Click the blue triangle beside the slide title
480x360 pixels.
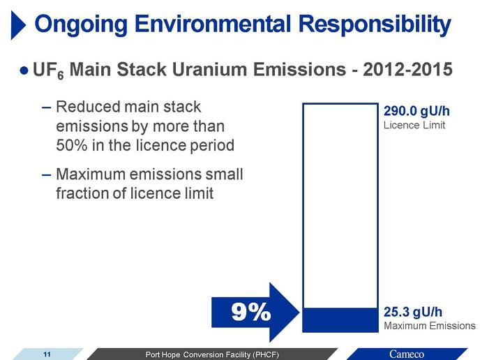tap(17, 25)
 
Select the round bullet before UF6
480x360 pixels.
tap(24, 70)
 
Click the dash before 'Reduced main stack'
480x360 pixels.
tap(46, 107)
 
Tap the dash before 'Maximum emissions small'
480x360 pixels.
tap(46, 175)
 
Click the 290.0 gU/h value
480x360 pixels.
tap(417, 111)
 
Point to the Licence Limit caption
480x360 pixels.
tap(414, 125)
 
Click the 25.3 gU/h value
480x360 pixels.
tap(413, 312)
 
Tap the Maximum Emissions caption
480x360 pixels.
tap(430, 326)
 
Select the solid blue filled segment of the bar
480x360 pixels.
tap(340, 320)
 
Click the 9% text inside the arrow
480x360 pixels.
tap(251, 313)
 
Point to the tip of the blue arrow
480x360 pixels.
tap(299, 313)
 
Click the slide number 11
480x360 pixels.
tap(47, 354)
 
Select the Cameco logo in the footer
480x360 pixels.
tap(407, 354)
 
